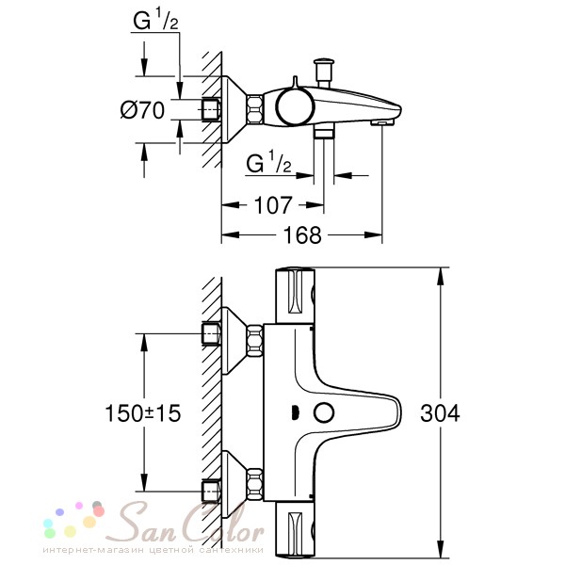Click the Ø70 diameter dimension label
[142, 110]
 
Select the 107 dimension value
[272, 205]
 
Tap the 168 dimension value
[302, 235]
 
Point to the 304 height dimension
[440, 413]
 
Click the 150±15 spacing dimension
[143, 413]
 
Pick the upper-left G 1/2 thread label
[155, 20]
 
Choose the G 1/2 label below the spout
[268, 163]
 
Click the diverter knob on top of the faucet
[324, 73]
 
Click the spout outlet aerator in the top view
[382, 122]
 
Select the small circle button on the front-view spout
[324, 413]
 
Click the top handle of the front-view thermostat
[295, 296]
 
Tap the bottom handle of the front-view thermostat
[295, 529]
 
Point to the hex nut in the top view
[254, 109]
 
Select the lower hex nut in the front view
[254, 484]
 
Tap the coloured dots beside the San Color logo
[73, 519]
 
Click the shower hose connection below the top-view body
[324, 132]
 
